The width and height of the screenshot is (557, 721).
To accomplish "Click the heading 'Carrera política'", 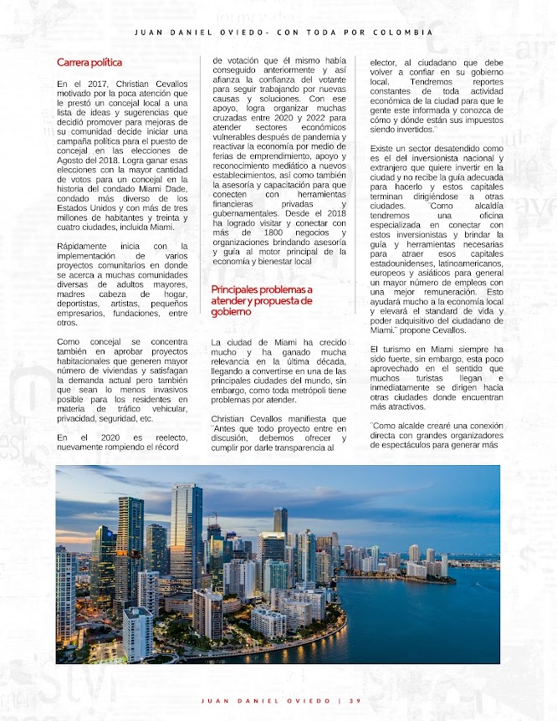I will [x=89, y=62].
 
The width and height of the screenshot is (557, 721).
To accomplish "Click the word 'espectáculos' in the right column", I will [x=404, y=445].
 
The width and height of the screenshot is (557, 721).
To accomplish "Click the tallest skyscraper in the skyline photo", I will [x=186, y=535].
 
